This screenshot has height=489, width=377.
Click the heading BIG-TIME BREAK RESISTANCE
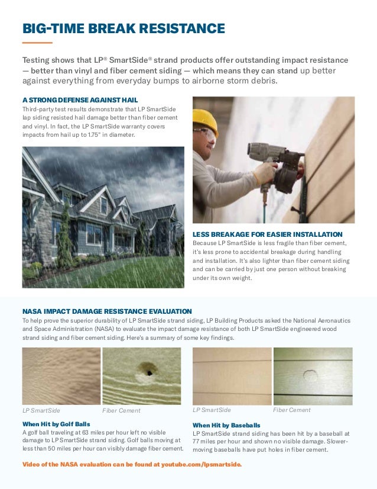click(123, 28)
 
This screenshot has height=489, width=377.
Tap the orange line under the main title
click(37, 43)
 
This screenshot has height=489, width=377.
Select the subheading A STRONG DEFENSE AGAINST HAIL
click(84, 99)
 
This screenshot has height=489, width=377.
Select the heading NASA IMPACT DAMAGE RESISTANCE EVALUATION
click(107, 311)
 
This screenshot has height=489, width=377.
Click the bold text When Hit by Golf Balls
click(56, 424)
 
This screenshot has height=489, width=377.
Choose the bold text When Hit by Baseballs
click(226, 425)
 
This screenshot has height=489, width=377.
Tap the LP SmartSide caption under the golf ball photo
click(41, 410)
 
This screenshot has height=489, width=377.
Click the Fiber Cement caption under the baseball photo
click(291, 410)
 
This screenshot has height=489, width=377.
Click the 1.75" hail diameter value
click(95, 135)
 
